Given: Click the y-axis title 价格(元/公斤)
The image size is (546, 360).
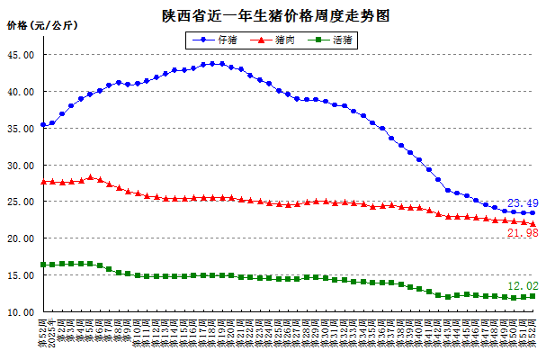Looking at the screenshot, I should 42,25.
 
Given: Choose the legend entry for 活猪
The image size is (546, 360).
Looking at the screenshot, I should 330,40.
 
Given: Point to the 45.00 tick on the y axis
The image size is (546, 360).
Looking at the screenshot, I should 21,55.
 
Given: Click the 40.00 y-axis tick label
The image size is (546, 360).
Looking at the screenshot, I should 21,92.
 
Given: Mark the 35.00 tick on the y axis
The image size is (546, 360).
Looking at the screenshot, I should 21,129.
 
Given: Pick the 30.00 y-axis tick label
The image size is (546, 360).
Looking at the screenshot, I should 21,166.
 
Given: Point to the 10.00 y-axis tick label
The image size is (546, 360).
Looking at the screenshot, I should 21,312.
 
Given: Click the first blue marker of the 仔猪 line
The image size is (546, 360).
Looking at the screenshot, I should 43,125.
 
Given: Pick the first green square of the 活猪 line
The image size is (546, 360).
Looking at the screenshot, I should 43,265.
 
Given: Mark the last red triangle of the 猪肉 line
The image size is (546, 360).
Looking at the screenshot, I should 533,224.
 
